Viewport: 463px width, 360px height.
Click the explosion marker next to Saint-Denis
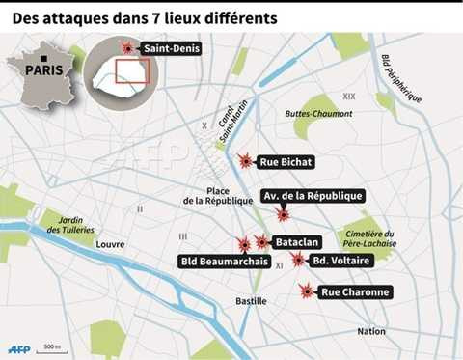pos(126,48)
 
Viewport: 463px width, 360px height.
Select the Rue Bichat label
pos(286,161)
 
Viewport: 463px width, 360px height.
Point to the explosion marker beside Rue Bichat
pos(246,160)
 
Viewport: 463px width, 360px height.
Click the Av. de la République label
pos(313,196)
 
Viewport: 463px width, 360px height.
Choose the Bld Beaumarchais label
pos(223,262)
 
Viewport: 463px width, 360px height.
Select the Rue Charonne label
pos(355,291)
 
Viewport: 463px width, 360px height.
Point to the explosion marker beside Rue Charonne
pos(307,291)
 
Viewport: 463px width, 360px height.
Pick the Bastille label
pos(252,301)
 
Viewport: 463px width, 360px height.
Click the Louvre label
pos(110,244)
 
